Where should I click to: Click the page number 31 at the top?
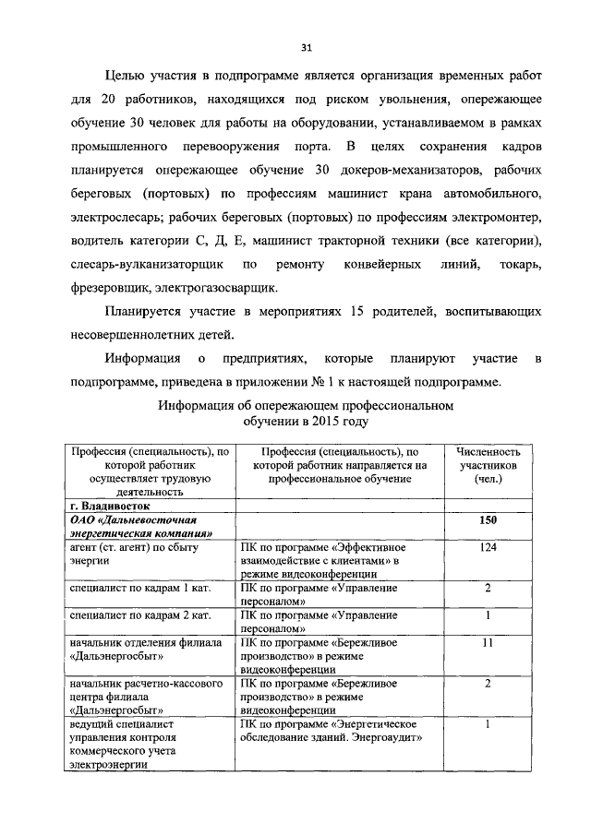(x=308, y=49)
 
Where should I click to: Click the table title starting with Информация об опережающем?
(x=307, y=412)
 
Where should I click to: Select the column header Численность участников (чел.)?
(x=488, y=466)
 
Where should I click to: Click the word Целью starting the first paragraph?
(x=127, y=75)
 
